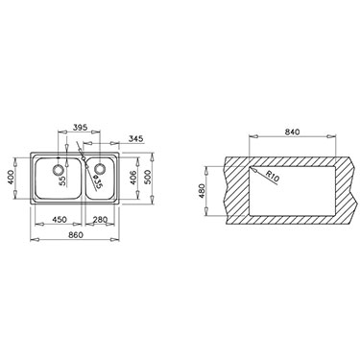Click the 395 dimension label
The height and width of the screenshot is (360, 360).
tap(80, 127)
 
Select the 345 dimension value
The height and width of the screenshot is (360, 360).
tap(136, 138)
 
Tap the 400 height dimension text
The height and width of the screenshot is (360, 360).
tap(11, 177)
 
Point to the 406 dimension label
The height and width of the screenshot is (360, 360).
tap(133, 178)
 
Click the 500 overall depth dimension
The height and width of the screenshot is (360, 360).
tap(148, 177)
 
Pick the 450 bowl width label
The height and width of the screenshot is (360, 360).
tap(60, 220)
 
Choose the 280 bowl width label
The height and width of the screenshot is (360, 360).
tap(100, 220)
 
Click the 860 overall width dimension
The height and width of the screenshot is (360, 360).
tap(76, 235)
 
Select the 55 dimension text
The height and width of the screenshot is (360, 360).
tap(62, 180)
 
